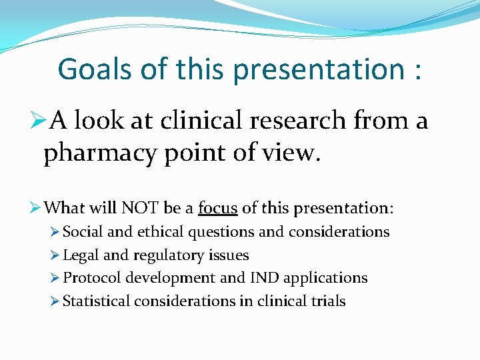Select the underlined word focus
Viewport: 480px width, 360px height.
click(x=217, y=208)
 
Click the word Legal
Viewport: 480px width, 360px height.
click(x=80, y=255)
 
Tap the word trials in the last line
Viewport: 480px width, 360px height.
click(x=327, y=301)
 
